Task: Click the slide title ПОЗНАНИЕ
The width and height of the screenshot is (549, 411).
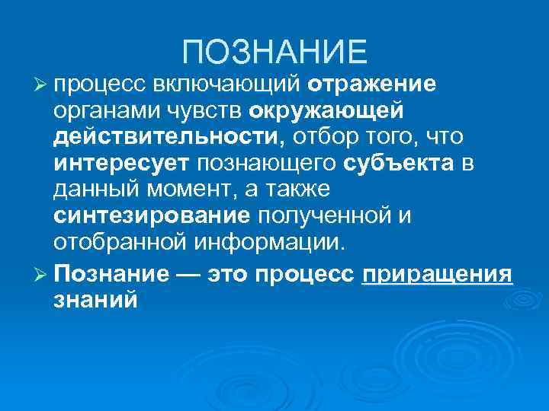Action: pos(274,52)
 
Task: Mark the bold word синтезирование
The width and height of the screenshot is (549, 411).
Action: pos(152,216)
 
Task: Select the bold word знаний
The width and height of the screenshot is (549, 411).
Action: pos(96,298)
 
